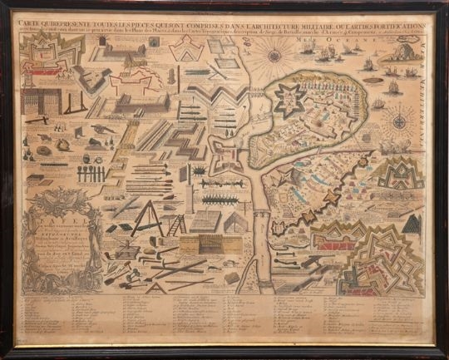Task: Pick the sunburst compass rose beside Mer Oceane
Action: click(x=274, y=57)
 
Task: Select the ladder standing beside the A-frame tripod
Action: click(x=177, y=224)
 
